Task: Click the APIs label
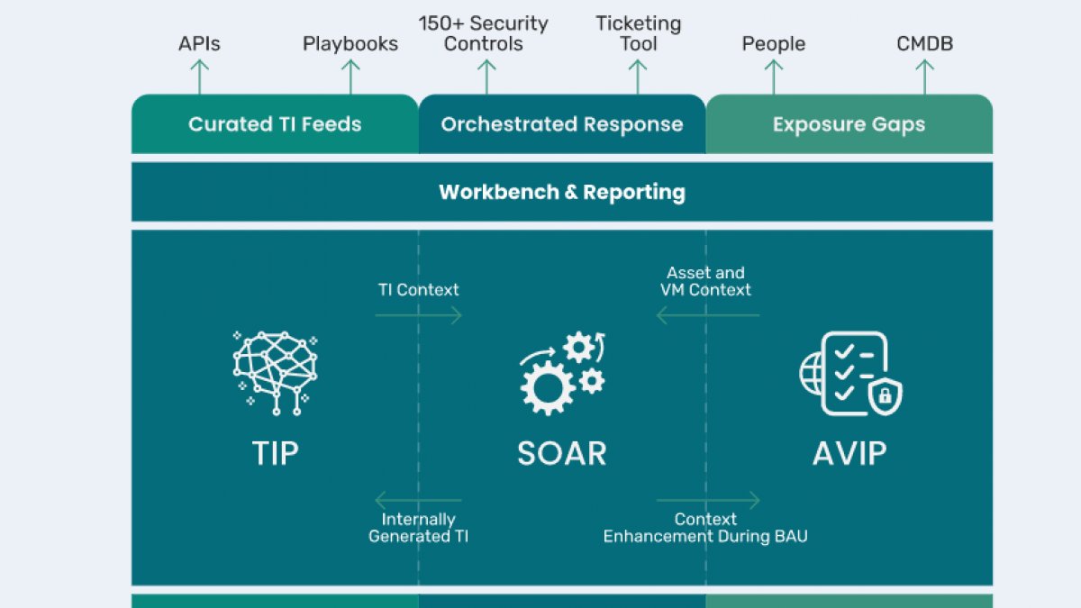(x=199, y=44)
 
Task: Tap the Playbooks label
(x=350, y=44)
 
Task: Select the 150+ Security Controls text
(x=483, y=33)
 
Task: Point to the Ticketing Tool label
(x=638, y=33)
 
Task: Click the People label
(x=774, y=44)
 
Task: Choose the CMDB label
(x=924, y=44)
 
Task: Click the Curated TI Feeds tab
(x=275, y=124)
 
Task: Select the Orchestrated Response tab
(x=562, y=124)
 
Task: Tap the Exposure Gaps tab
(x=849, y=124)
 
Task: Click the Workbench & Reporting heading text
(x=562, y=192)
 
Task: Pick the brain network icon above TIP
(x=275, y=373)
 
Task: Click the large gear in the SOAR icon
(x=548, y=388)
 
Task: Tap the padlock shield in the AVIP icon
(x=885, y=396)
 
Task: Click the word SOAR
(x=562, y=454)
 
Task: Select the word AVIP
(x=849, y=454)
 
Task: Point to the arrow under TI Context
(x=418, y=315)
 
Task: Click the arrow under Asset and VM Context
(x=708, y=315)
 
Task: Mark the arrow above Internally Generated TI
(x=418, y=501)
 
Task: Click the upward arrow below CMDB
(x=924, y=77)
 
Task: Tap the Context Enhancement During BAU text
(x=705, y=528)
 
